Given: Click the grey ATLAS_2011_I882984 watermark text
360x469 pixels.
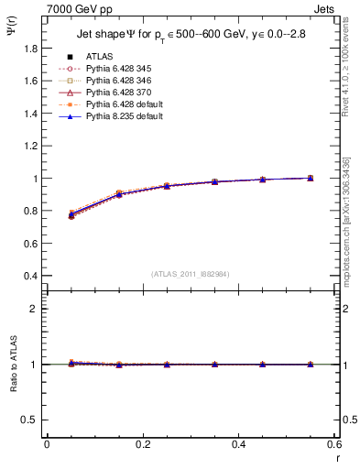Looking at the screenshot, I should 190,273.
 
